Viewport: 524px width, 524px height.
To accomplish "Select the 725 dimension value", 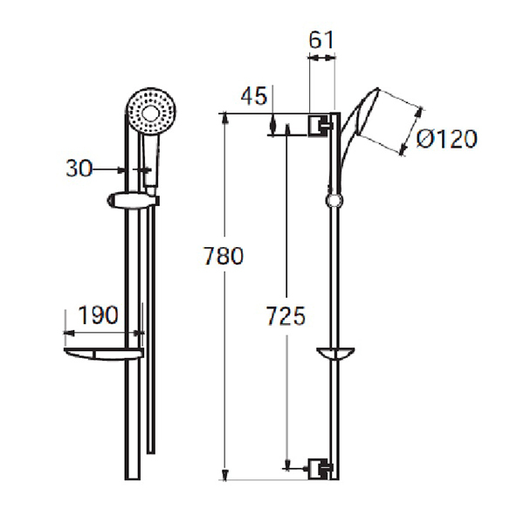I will tap(286, 316).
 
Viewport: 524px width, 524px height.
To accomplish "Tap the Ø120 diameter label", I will tap(446, 139).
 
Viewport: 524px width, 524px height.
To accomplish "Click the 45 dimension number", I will tap(253, 96).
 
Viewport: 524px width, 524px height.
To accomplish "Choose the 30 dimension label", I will tap(80, 169).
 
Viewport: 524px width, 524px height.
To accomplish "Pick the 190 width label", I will tap(99, 315).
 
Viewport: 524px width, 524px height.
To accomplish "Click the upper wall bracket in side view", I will tap(321, 125).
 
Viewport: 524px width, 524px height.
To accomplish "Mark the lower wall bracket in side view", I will tap(321, 469).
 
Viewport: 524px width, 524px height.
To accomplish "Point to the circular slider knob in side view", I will tap(333, 202).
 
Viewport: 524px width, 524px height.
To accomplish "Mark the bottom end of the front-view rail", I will tap(133, 476).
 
